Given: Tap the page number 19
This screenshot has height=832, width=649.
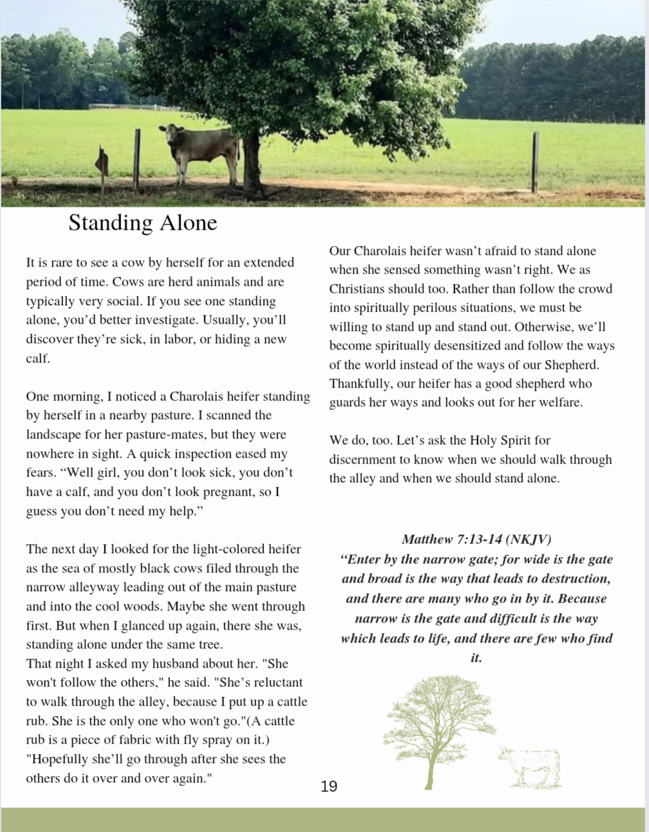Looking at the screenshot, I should [328, 786].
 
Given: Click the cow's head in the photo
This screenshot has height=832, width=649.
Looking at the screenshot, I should [171, 135].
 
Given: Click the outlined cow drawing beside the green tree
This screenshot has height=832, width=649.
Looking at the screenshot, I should [530, 768].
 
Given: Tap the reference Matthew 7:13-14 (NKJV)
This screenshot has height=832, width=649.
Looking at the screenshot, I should [476, 539].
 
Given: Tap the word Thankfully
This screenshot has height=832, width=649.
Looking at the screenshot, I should [360, 384].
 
